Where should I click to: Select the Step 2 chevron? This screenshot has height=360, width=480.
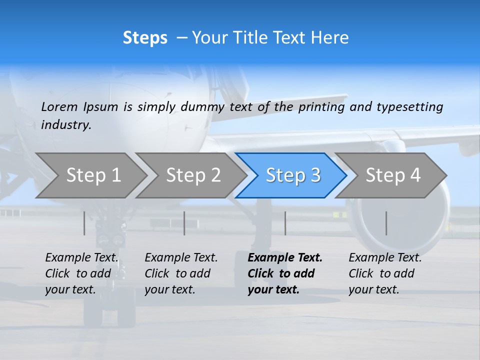(x=193, y=175)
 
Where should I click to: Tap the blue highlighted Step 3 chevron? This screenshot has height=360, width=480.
(x=293, y=175)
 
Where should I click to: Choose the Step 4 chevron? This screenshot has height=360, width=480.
(x=393, y=175)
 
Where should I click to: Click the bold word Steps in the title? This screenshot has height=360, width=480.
(x=145, y=38)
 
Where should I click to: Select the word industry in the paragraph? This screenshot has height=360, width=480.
(x=65, y=124)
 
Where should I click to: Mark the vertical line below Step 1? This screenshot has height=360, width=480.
(x=84, y=223)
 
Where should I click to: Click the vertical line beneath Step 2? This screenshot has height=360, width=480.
(x=184, y=223)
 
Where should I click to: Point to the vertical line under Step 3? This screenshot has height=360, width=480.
(x=285, y=223)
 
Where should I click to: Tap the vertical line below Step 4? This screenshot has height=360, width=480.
(x=386, y=223)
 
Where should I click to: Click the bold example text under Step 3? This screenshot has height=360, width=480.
(x=284, y=273)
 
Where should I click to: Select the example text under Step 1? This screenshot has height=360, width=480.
(x=81, y=273)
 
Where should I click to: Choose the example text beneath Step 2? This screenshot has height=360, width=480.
(x=181, y=273)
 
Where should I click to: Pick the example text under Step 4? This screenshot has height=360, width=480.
(x=384, y=273)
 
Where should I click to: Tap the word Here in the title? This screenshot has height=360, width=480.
(x=329, y=38)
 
